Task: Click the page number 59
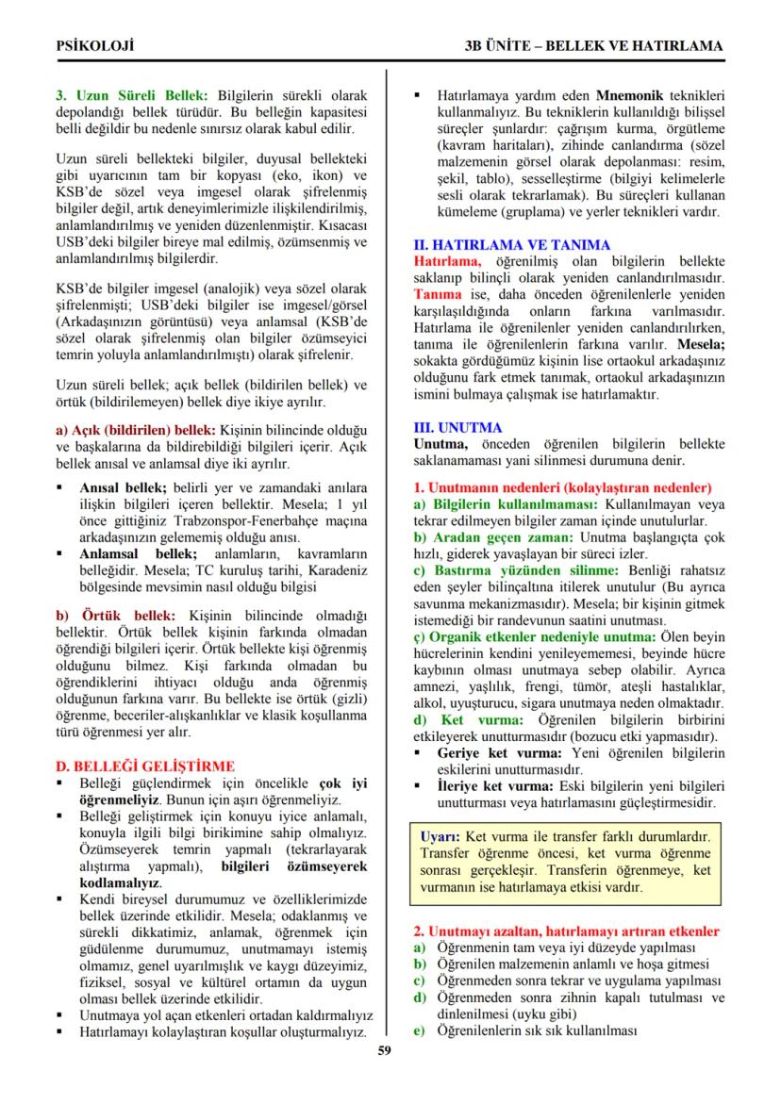[384, 1051]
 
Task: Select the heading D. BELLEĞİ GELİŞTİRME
[146, 766]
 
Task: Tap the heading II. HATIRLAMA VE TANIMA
[512, 244]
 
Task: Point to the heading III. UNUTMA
[458, 427]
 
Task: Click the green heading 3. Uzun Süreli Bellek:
[133, 95]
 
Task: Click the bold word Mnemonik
[632, 95]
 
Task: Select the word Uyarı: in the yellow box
[440, 836]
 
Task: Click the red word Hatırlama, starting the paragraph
[448, 260]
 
